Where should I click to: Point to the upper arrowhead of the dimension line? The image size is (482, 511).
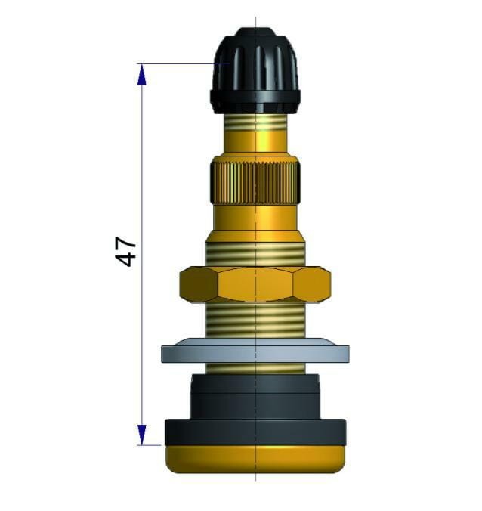141,73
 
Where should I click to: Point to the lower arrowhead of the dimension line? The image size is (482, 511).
141,435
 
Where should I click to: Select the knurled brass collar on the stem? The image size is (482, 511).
255,181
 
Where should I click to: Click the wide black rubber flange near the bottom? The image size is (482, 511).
255,432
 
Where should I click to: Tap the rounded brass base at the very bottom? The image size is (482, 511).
255,458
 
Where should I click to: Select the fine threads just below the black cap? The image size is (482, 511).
255,120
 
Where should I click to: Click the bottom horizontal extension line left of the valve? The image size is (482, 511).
151,445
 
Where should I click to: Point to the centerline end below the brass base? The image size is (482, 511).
255,478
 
